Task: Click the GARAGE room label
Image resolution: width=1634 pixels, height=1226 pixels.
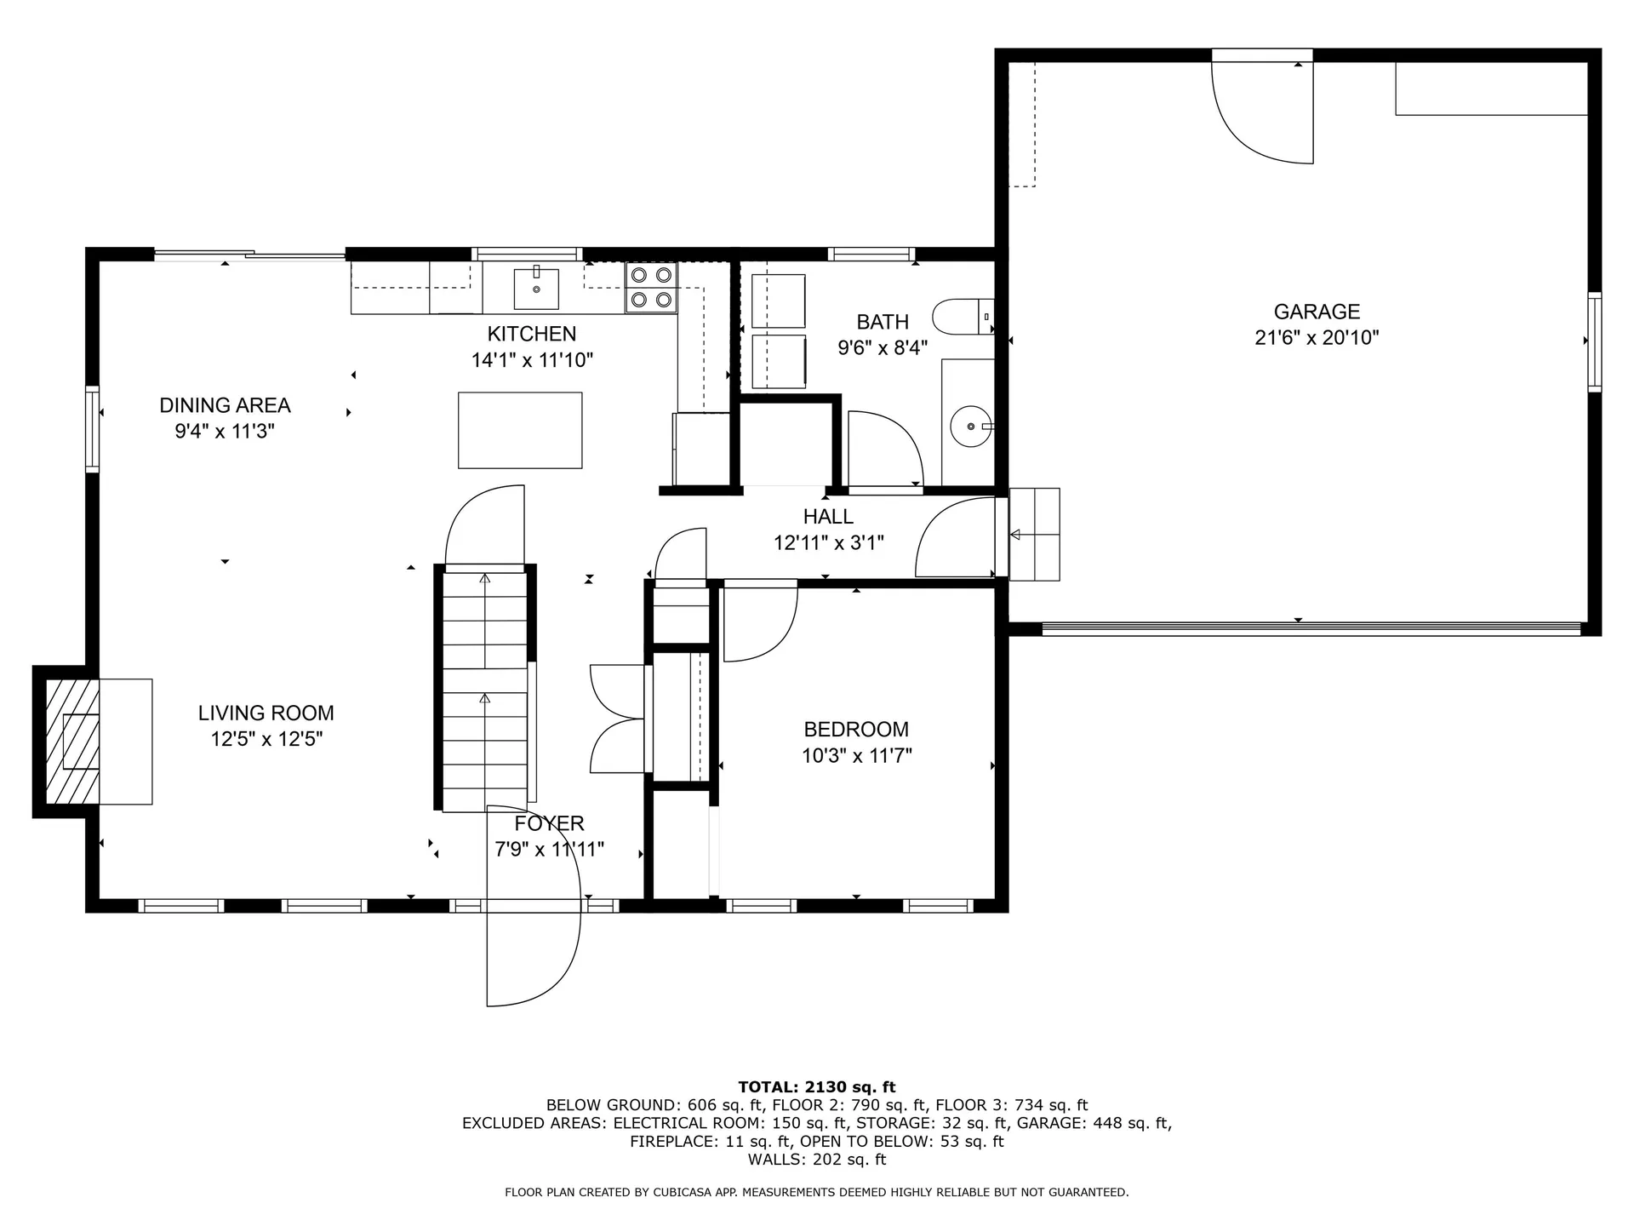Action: pos(1317,312)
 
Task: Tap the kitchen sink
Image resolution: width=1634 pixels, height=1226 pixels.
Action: pos(536,289)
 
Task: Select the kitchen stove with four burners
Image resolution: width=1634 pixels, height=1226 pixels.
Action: pos(652,287)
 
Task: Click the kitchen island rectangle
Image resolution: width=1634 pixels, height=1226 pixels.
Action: pos(520,430)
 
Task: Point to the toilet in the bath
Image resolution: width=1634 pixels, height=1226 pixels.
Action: pos(963,317)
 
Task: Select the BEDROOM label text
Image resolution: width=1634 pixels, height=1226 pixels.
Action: pos(856,730)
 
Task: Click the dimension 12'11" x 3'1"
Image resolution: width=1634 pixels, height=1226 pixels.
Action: pos(828,542)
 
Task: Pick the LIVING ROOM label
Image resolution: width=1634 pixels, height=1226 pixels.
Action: pos(266,713)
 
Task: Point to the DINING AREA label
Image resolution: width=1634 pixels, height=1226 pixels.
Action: pos(226,405)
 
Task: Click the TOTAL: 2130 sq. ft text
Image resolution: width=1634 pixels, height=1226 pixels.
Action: pos(817,1086)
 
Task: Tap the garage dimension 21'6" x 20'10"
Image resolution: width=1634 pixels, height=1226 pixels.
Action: pos(1317,338)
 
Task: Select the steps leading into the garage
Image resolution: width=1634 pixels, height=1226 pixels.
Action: pos(1034,535)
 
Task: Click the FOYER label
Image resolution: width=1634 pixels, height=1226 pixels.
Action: pos(549,823)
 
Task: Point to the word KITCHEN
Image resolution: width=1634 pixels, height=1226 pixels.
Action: pos(532,334)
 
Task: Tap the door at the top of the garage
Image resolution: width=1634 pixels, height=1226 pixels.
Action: pos(1262,111)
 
